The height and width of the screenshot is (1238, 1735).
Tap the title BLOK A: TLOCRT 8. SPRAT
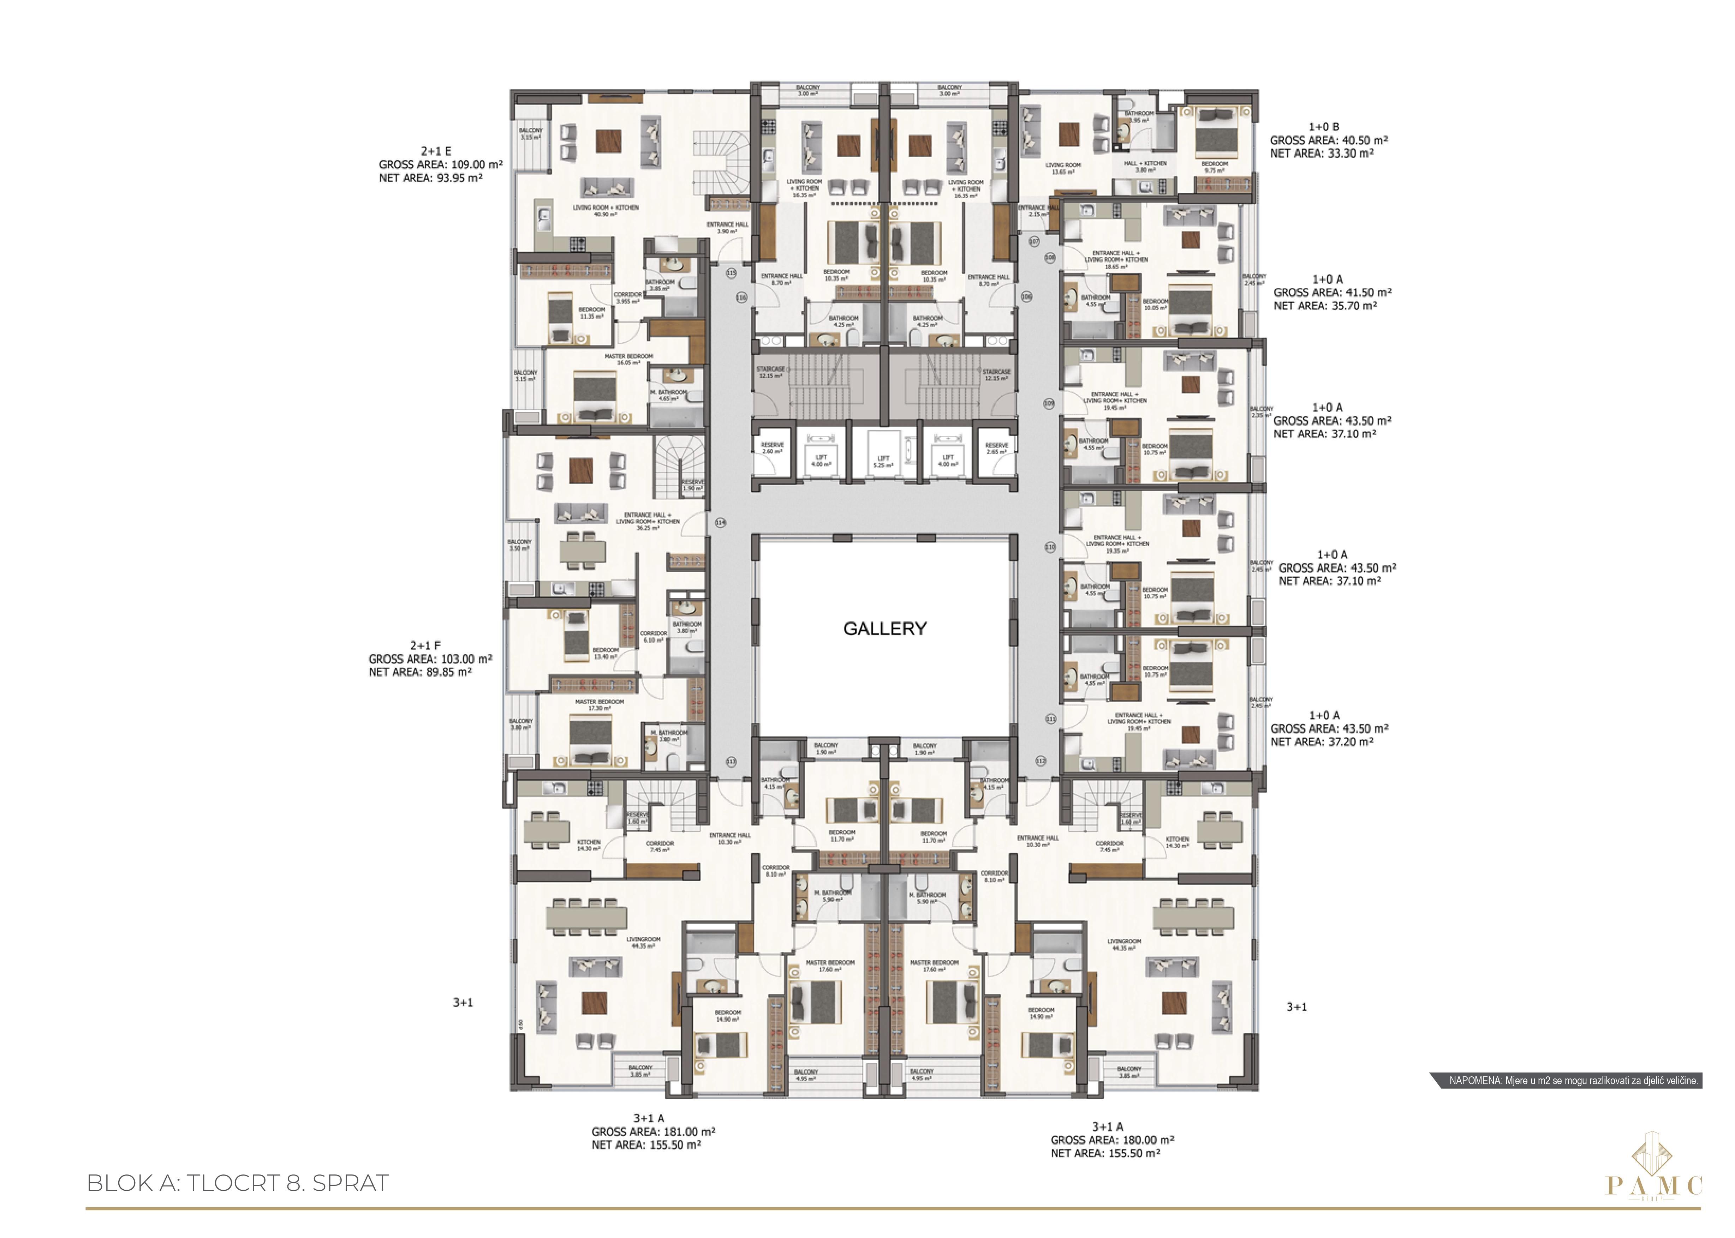tap(238, 1183)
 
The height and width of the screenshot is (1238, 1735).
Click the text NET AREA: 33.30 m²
tap(1322, 153)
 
